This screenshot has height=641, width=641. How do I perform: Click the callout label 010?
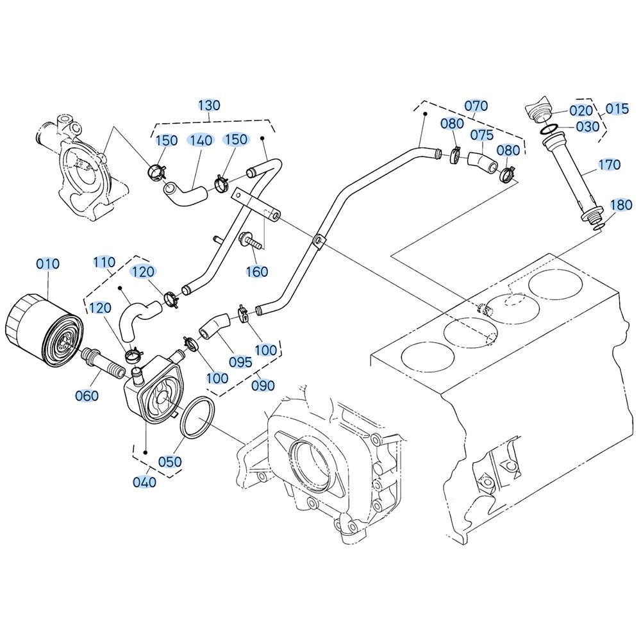coord(48,264)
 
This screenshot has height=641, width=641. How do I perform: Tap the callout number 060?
coord(87,395)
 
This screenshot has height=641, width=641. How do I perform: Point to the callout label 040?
coord(145,483)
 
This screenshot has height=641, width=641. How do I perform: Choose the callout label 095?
coord(240,362)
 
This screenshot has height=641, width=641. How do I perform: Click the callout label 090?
coord(263,385)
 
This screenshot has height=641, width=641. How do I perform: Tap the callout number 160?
coord(257,271)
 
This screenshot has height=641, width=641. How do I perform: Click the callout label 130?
coord(210,105)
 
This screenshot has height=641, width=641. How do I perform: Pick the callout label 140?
coord(201,140)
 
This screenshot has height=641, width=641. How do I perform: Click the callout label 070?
coord(476,106)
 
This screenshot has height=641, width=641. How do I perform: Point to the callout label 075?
coord(482,135)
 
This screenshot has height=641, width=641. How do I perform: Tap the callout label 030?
coord(587,127)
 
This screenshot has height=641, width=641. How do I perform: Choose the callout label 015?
coord(617,109)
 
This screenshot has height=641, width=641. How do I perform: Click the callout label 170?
coord(610,165)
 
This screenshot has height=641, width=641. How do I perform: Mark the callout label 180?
coord(621,205)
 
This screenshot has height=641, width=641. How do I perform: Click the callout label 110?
coord(104,262)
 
